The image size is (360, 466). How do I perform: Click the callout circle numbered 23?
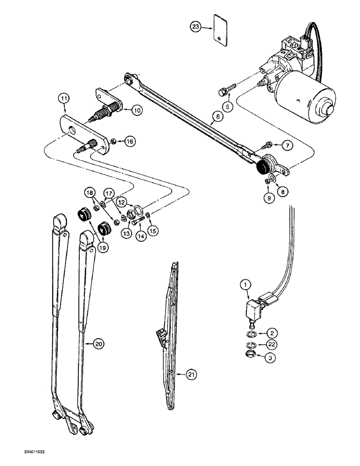(x=196, y=27)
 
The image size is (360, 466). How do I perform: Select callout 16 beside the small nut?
(x=130, y=141)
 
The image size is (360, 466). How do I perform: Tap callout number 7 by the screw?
(x=287, y=146)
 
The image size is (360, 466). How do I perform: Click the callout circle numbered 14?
(x=139, y=236)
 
